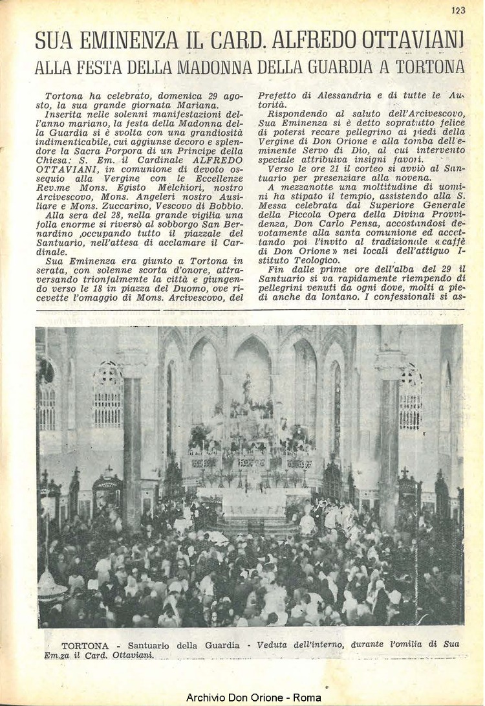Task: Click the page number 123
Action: tap(458, 10)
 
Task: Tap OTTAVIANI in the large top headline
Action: tap(413, 41)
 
